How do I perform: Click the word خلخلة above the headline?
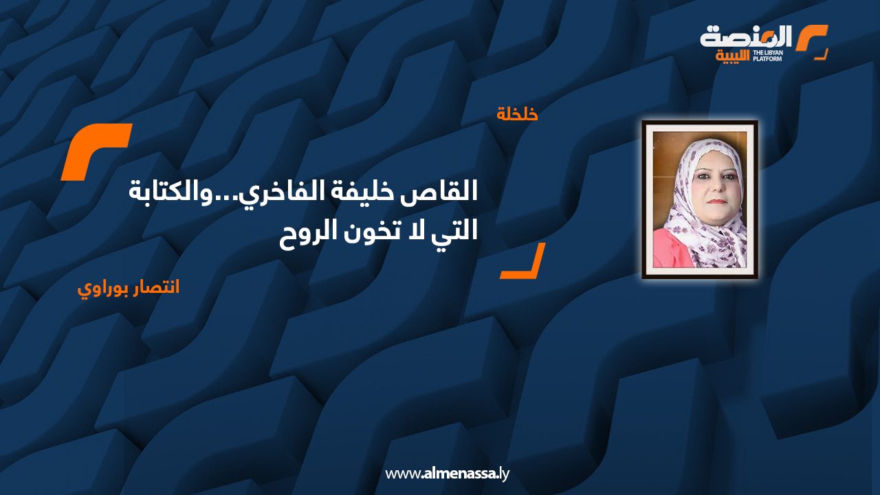[x=517, y=114]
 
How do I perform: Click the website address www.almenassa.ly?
[x=447, y=474]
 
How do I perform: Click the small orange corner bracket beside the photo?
[x=522, y=261]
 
